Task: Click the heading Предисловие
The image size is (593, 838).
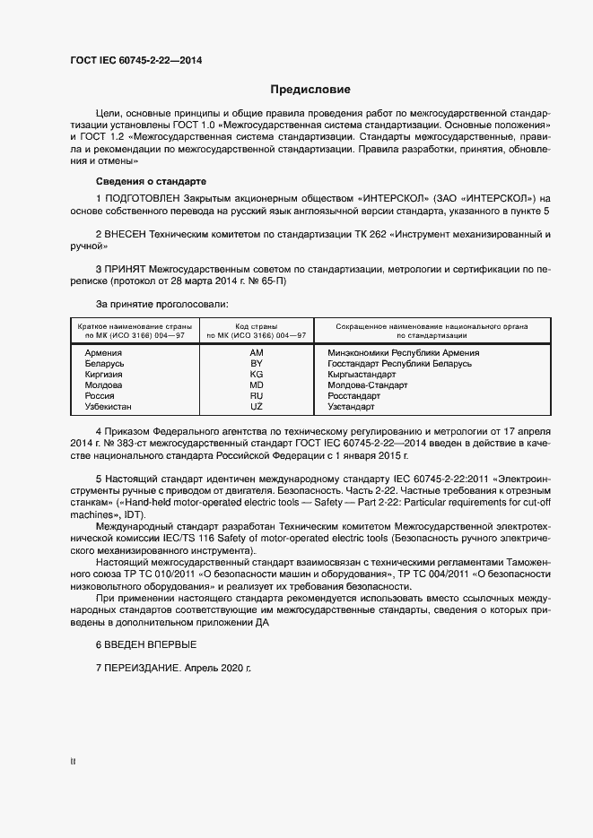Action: (x=310, y=90)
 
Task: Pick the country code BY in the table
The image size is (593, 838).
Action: (x=256, y=364)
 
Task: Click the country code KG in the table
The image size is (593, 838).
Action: (x=256, y=375)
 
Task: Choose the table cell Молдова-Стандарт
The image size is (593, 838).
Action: (x=367, y=385)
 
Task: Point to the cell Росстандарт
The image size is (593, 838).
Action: (x=354, y=396)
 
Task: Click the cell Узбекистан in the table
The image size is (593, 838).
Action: (x=108, y=407)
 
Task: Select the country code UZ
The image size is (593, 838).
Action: (x=256, y=407)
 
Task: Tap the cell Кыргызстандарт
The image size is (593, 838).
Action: (x=362, y=375)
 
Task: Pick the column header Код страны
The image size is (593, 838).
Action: (x=256, y=325)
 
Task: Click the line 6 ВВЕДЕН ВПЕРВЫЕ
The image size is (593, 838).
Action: (x=145, y=644)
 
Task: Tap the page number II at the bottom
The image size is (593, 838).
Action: (x=73, y=762)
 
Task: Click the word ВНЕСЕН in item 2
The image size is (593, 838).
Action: (x=126, y=233)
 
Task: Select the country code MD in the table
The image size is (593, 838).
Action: (x=256, y=385)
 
